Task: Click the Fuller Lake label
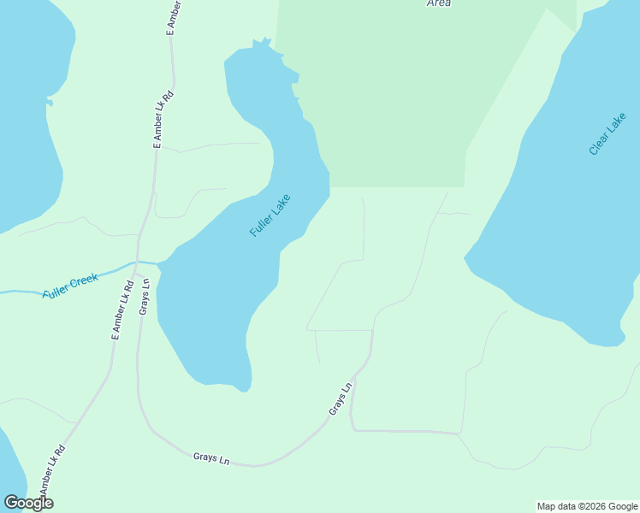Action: [x=270, y=216]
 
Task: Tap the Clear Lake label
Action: [x=607, y=134]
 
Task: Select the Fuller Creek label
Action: [x=71, y=285]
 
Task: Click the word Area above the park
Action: [x=438, y=3]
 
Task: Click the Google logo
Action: [x=28, y=503]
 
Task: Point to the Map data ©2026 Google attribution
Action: [x=587, y=506]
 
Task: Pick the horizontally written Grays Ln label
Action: [x=211, y=458]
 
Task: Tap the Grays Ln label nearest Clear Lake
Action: [x=341, y=400]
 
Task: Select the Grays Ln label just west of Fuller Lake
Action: [x=145, y=296]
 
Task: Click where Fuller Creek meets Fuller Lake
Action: [x=158, y=262]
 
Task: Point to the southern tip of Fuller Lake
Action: [x=245, y=390]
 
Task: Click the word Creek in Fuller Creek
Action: [x=84, y=280]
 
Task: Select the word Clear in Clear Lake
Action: [x=615, y=122]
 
